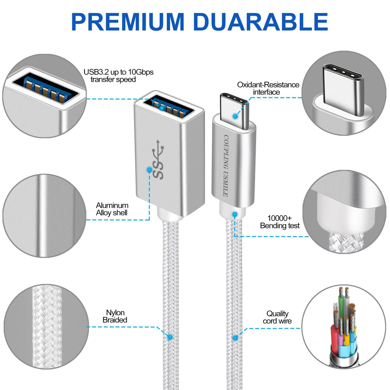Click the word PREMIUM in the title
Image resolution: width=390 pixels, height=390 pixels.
pos(128,22)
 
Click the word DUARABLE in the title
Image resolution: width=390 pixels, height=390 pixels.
pos(260,22)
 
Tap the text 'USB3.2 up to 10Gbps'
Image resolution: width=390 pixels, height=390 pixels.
pos(119,72)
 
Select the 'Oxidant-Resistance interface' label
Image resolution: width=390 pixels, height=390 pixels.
pos(268,88)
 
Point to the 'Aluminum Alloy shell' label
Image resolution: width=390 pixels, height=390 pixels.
pos(112,209)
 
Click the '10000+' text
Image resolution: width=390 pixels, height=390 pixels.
pos(280,218)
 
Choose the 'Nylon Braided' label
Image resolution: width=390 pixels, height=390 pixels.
pos(115,316)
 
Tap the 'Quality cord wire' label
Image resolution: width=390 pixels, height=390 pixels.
pos(277,317)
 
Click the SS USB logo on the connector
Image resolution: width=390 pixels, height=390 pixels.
pos(158,159)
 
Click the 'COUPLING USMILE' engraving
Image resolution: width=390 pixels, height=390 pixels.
pos(226,165)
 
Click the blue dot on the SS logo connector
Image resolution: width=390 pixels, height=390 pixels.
pos(149,170)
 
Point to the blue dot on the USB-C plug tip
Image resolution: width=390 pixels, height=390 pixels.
pos(235,116)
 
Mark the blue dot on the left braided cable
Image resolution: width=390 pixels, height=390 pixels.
pos(170,337)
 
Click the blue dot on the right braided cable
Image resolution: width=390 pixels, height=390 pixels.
pos(235,337)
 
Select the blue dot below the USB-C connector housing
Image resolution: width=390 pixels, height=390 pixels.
pos(235,214)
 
